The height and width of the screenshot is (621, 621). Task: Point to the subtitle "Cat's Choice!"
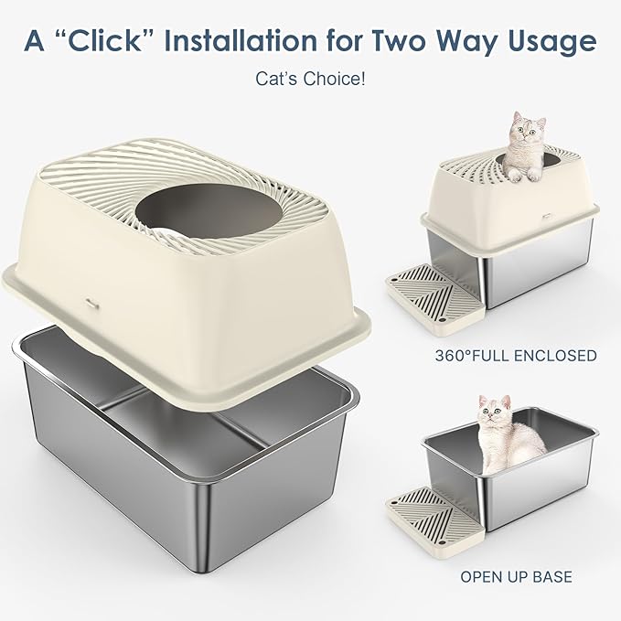[x=310, y=80]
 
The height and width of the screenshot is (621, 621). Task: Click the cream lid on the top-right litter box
[x=508, y=197]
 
